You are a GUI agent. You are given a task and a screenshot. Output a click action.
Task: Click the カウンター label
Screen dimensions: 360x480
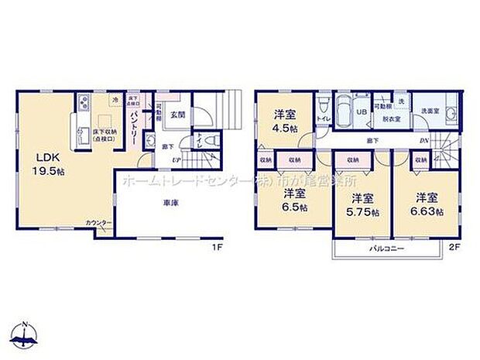click(98, 224)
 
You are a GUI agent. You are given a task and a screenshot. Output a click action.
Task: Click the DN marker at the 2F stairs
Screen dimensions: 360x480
click(424, 140)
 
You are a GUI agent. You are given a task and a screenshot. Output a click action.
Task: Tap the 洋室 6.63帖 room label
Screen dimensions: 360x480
click(428, 203)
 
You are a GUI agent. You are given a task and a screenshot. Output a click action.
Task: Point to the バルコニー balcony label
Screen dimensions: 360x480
click(382, 249)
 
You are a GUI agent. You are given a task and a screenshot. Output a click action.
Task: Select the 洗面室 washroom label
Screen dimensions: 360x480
click(430, 111)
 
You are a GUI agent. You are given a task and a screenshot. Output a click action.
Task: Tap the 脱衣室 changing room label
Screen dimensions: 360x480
click(389, 119)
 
